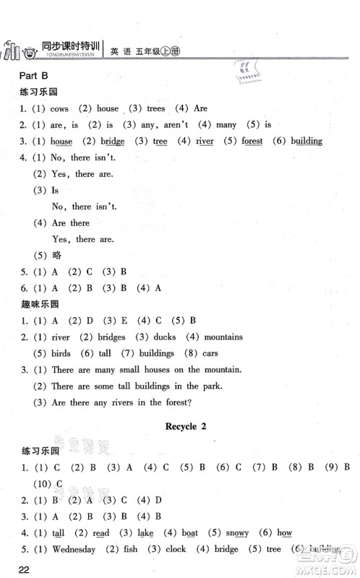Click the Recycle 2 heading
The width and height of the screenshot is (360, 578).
(186, 426)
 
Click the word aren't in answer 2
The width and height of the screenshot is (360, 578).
(178, 125)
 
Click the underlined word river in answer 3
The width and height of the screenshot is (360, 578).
(205, 142)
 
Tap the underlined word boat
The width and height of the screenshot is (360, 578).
(190, 532)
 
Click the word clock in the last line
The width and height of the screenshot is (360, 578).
(176, 549)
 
